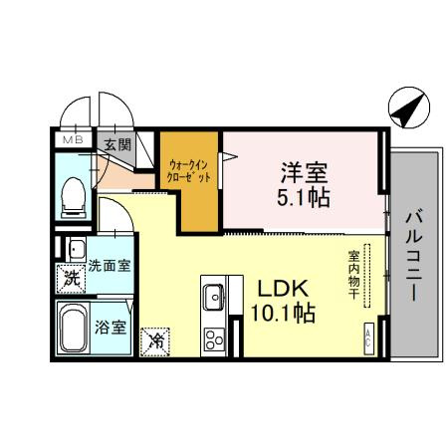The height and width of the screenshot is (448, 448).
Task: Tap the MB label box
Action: click(73, 140)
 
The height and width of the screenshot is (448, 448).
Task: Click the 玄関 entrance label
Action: click(116, 144)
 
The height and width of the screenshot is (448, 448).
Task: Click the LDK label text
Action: click(288, 288)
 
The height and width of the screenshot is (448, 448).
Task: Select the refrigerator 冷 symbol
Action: click(155, 340)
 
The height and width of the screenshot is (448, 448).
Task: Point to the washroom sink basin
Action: click(76, 248)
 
